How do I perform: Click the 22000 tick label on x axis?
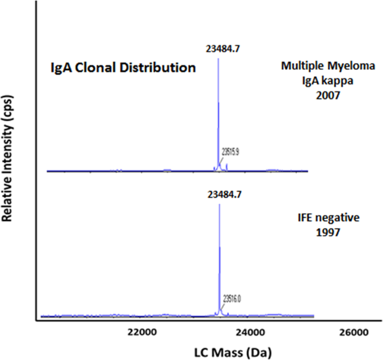tap(140, 331)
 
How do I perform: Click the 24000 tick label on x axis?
tap(248, 331)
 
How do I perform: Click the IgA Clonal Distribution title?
tap(120, 68)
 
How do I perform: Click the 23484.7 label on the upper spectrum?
tap(218, 49)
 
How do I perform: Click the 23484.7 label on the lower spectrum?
tap(218, 195)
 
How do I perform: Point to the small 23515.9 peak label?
tap(231, 150)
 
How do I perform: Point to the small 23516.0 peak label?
tap(232, 299)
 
